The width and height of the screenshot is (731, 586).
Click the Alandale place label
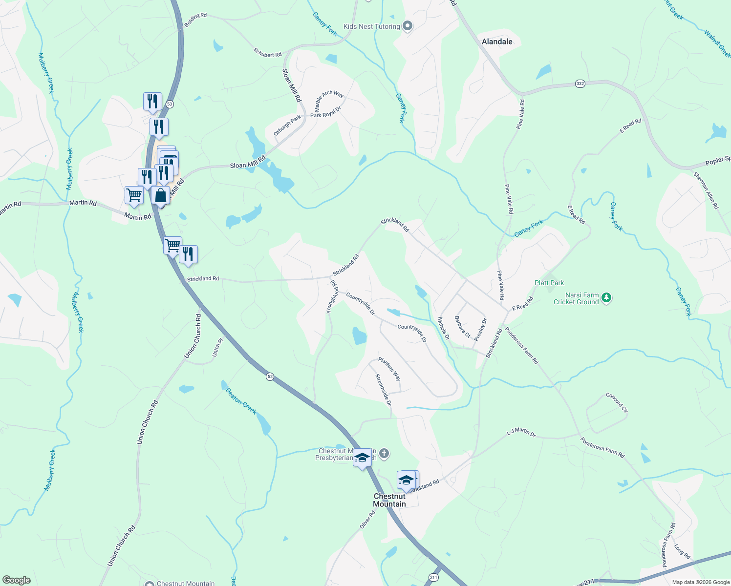(x=497, y=42)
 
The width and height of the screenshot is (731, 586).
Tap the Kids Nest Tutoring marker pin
(x=408, y=26)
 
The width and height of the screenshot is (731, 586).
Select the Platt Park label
(x=549, y=283)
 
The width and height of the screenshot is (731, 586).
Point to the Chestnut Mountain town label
(x=389, y=500)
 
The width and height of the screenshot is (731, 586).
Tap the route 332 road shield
(x=580, y=84)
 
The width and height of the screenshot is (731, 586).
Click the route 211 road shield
(x=433, y=577)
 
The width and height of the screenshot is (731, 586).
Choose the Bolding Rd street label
(x=195, y=20)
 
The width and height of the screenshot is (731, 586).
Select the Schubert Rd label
(x=267, y=52)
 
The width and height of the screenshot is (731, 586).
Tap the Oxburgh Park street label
(x=287, y=126)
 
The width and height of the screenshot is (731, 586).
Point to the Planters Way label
(x=389, y=369)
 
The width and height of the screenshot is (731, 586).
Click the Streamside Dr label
(x=383, y=390)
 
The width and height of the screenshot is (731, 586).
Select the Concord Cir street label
(x=617, y=402)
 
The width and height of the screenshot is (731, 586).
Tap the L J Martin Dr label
(x=521, y=432)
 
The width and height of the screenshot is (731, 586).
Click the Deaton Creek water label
(x=241, y=401)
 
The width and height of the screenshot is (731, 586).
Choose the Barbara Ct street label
(x=462, y=327)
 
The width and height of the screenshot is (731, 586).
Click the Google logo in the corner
(x=17, y=580)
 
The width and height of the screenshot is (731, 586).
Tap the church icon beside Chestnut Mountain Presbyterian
(x=384, y=454)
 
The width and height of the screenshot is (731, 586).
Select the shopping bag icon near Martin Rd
(x=160, y=195)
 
